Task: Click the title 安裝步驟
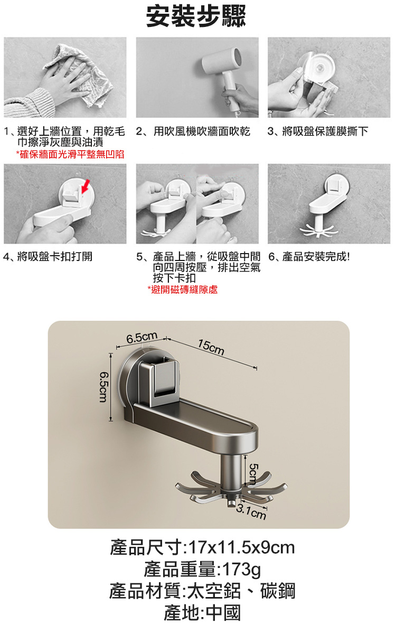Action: [x=196, y=16]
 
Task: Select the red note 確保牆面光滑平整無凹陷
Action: [x=70, y=154]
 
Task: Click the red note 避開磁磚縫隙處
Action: [x=183, y=290]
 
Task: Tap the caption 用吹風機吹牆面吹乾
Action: [x=202, y=132]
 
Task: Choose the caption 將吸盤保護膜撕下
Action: [x=325, y=132]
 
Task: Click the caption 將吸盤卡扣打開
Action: [x=55, y=257]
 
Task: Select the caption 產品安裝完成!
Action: [x=316, y=257]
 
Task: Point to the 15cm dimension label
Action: [x=211, y=347]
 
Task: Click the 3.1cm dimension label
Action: [x=251, y=512]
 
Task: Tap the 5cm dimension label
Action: [x=253, y=474]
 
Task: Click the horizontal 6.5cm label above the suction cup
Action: [x=142, y=338]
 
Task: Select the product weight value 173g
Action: [x=241, y=569]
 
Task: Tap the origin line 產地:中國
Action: [x=202, y=613]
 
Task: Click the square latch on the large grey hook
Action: [x=165, y=376]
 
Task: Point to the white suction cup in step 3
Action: [x=319, y=68]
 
